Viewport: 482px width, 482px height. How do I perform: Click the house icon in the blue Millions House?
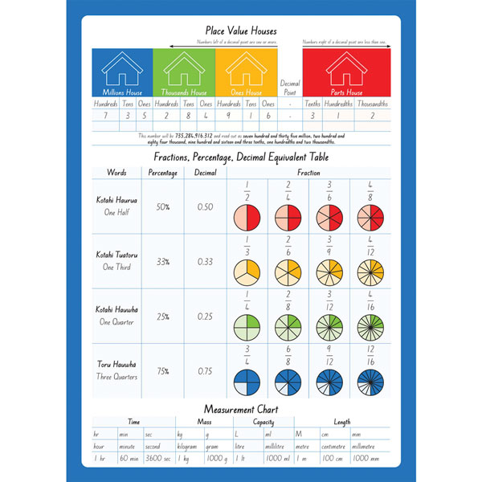(122, 70)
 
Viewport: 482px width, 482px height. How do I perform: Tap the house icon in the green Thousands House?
(183, 70)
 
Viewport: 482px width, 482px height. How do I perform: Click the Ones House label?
(246, 92)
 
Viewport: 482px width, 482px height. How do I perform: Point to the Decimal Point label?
(288, 88)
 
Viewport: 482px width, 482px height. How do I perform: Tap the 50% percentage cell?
(163, 206)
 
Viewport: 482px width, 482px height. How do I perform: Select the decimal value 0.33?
(206, 261)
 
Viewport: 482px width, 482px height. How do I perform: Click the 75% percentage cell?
(163, 370)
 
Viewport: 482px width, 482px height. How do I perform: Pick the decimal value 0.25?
(206, 316)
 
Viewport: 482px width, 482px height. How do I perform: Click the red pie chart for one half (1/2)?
(246, 219)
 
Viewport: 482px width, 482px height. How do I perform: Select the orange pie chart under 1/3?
(246, 273)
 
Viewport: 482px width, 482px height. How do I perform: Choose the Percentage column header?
(163, 172)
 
